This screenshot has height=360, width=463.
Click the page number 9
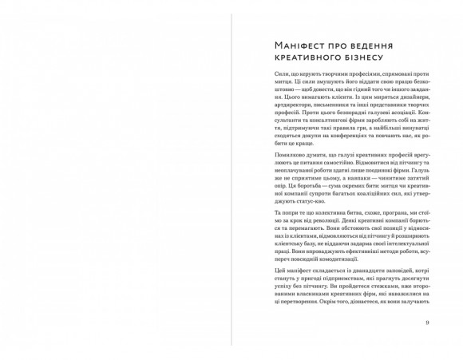click(x=428, y=322)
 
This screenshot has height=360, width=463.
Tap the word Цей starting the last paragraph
click(x=256, y=273)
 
